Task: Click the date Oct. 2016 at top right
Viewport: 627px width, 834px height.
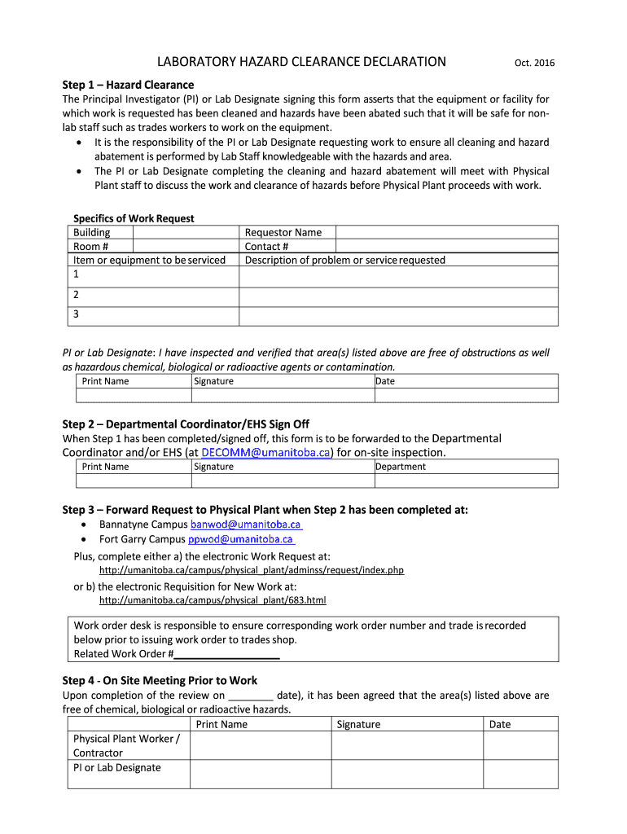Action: pyautogui.click(x=534, y=64)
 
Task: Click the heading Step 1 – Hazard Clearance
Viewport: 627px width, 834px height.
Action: pyautogui.click(x=128, y=85)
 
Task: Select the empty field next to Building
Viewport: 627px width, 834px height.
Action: pyautogui.click(x=185, y=232)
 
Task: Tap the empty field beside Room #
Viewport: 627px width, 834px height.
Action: pyautogui.click(x=185, y=246)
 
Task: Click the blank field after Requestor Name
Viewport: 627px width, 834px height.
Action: pyautogui.click(x=447, y=232)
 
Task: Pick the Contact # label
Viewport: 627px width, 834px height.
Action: pyautogui.click(x=267, y=246)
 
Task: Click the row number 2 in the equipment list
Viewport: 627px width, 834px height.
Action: pyautogui.click(x=77, y=295)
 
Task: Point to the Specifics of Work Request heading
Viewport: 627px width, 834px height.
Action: pyautogui.click(x=134, y=218)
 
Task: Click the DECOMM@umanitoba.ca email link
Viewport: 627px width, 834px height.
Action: pyautogui.click(x=265, y=452)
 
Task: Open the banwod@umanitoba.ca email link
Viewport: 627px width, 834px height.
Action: pyautogui.click(x=246, y=525)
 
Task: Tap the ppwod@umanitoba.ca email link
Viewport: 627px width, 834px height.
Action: pyautogui.click(x=241, y=539)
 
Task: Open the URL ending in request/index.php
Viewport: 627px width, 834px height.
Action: pyautogui.click(x=251, y=570)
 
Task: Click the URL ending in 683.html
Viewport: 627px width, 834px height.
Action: pyautogui.click(x=212, y=600)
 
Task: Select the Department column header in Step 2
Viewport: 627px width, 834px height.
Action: pyautogui.click(x=401, y=467)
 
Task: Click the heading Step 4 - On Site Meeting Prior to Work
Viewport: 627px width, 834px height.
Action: pyautogui.click(x=160, y=680)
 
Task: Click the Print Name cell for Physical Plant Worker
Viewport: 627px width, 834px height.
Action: pyautogui.click(x=260, y=745)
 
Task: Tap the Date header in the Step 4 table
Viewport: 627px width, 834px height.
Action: pyautogui.click(x=500, y=724)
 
